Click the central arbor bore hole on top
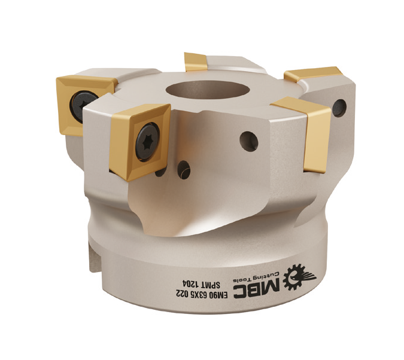(x=208, y=90)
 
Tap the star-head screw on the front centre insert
(x=147, y=141)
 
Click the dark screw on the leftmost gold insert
(x=82, y=105)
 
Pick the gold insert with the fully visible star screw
(x=139, y=142)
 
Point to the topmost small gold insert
(x=195, y=62)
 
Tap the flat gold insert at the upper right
(x=313, y=74)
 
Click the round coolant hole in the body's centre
(x=248, y=141)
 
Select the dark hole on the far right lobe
(x=339, y=108)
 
